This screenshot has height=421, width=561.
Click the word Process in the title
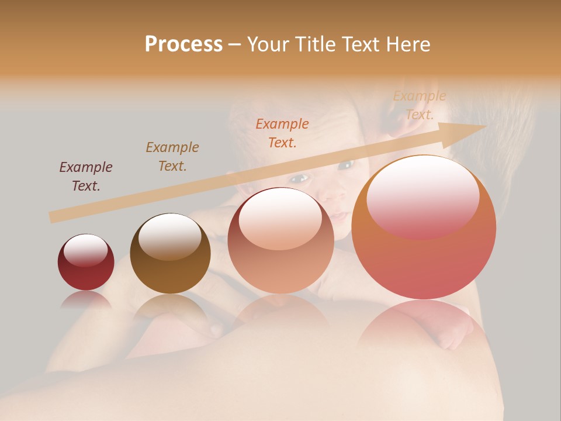coord(183,44)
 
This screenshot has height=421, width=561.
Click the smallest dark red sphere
coord(85,263)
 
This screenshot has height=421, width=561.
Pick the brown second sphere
coord(170,254)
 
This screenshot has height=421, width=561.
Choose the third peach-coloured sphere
coord(280,241)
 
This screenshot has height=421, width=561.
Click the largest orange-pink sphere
coord(424,227)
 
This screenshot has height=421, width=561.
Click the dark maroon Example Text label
coord(86,177)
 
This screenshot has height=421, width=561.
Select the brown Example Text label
coord(172,157)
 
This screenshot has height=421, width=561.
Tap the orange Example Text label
coord(282,133)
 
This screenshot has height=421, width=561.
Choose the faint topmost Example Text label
coord(420,105)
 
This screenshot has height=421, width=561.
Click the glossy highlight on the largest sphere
coord(423,196)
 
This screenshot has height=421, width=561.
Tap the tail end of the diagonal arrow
coord(54,217)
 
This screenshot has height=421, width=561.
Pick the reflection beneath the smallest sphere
coord(85,299)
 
